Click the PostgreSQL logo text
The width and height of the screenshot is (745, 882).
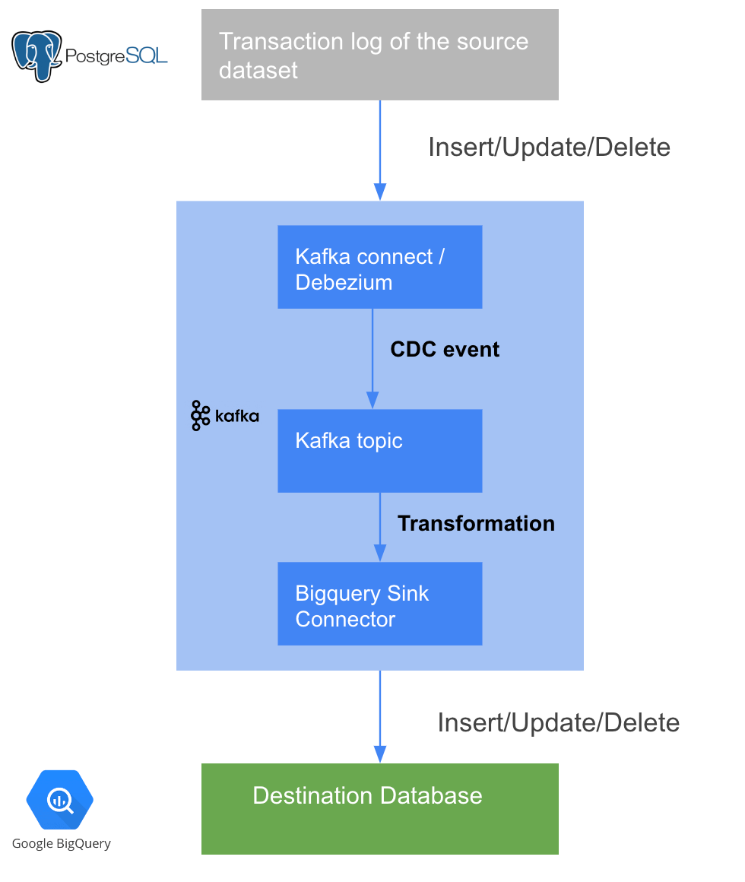pos(116,56)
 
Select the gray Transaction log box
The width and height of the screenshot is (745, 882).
pos(379,55)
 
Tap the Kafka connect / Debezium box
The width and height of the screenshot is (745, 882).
pos(379,267)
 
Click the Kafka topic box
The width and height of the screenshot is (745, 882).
pos(379,451)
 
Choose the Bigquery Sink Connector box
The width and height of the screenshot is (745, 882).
pos(379,604)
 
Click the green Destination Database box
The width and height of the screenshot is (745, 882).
pos(379,809)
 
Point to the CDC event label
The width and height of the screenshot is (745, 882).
pos(445,350)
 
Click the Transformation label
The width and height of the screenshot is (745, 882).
pos(476,524)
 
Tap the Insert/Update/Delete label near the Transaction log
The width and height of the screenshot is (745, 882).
pos(549,147)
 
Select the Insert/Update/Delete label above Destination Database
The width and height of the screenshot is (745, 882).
pos(558,722)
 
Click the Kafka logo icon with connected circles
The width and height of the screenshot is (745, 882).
pos(200,416)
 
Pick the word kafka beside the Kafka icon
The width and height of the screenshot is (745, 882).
pos(236,417)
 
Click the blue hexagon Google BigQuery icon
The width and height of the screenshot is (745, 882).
pos(59,800)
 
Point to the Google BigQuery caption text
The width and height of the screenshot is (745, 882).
pos(62,843)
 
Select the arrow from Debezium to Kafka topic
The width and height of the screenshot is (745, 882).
pos(372,357)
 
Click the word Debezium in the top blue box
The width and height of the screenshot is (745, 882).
pos(344,282)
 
